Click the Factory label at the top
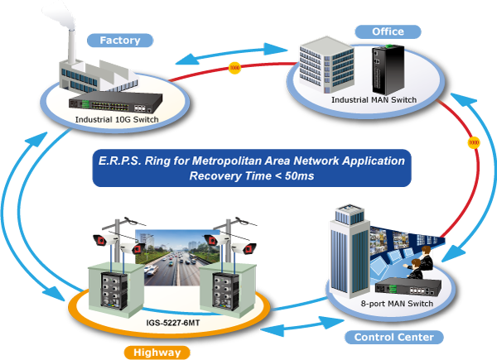point(120,40)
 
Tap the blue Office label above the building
point(387,31)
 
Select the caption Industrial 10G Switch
point(117,119)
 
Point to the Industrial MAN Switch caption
point(374,100)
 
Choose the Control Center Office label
point(393,342)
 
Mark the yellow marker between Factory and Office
point(234,66)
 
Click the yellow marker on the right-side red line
point(473,142)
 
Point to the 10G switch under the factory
point(113,101)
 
